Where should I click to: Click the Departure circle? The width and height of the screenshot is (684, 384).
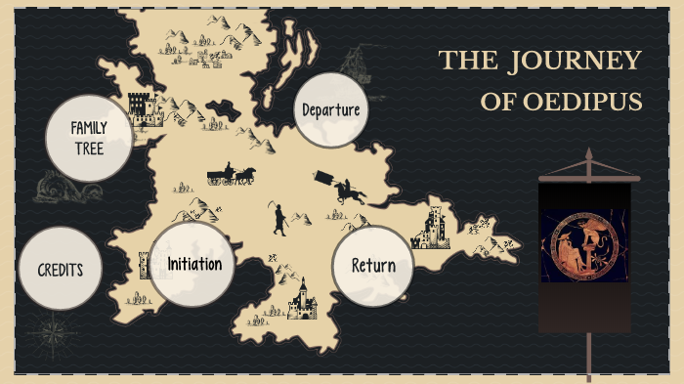(331, 109)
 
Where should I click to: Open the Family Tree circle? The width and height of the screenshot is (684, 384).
(89, 139)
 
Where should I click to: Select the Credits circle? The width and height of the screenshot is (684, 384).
(61, 270)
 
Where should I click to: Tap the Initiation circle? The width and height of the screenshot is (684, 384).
(193, 265)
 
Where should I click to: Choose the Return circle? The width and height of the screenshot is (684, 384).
(372, 266)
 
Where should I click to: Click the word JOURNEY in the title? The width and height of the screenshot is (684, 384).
(576, 61)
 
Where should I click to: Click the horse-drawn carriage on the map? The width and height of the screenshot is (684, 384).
(231, 176)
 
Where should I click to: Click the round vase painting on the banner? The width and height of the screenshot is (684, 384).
(584, 250)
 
